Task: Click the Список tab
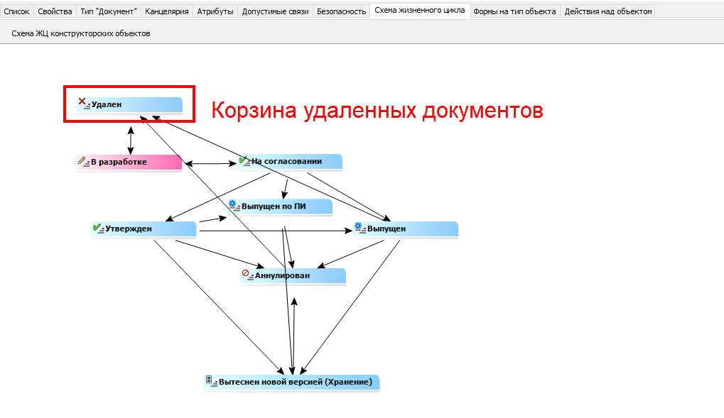(x=17, y=11)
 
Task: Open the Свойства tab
(x=55, y=11)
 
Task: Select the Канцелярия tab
(x=167, y=11)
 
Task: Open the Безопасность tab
(x=341, y=11)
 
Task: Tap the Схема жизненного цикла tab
(x=419, y=11)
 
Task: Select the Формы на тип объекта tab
(x=514, y=11)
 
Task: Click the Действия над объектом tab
(x=607, y=11)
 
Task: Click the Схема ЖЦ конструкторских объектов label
(x=81, y=33)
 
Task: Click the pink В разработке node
(x=129, y=162)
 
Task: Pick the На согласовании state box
(x=290, y=162)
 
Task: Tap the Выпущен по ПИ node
(x=279, y=207)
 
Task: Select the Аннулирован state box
(x=293, y=275)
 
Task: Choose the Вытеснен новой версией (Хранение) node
(x=291, y=382)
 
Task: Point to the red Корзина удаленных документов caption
(x=377, y=111)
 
